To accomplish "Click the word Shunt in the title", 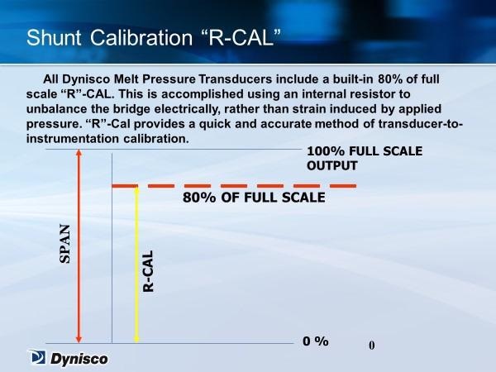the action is point(54,38).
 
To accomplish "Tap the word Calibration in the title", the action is point(141,38).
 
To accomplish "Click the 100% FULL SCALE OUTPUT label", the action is point(365,158).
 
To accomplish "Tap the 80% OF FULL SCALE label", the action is point(254,198).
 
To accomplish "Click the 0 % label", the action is point(316,341).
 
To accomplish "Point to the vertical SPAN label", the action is point(64,244).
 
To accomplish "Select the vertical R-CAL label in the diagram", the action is point(148,271).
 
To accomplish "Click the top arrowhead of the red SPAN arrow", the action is point(79,152).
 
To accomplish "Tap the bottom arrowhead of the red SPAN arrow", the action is point(79,340).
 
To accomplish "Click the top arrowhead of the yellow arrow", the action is point(136,189).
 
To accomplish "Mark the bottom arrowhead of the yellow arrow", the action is point(136,340).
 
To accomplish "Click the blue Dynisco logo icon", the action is point(38,357).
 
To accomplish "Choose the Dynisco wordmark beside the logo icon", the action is point(79,359).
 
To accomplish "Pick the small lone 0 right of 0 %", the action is point(372,345).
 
